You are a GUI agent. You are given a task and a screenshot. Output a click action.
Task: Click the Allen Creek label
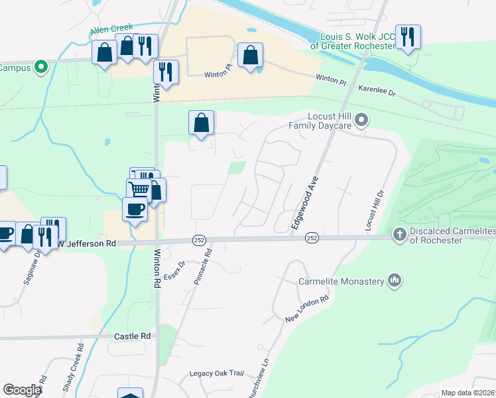(111, 29)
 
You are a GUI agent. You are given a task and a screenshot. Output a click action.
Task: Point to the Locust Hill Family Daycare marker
(361, 120)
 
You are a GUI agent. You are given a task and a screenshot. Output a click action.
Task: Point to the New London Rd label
(307, 310)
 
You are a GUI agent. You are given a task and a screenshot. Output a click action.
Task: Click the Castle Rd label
(133, 336)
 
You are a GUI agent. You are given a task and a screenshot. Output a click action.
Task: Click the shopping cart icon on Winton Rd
(139, 188)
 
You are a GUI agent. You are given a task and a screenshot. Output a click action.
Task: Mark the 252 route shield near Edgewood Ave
(312, 237)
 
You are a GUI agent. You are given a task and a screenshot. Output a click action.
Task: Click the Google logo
(22, 390)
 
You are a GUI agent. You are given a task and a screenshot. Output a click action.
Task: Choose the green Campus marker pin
(40, 66)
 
